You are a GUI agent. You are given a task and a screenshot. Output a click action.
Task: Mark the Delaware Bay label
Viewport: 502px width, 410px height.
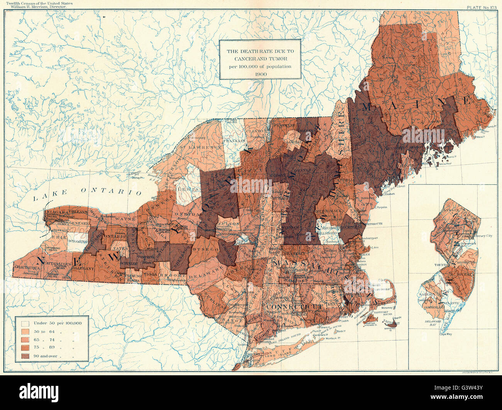(432, 323)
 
